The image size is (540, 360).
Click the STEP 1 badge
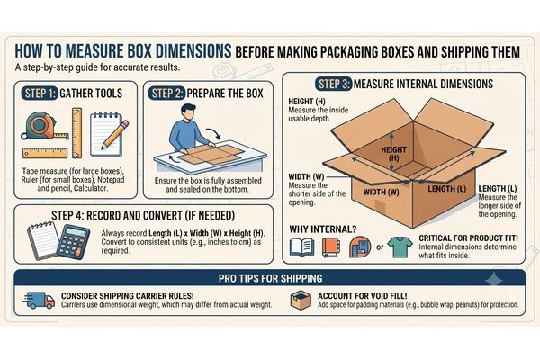click(40, 94)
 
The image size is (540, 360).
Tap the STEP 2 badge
click(167, 94)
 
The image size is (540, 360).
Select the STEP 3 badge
click(334, 84)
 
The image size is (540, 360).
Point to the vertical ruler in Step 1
click(76, 133)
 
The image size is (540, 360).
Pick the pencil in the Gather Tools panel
click(115, 134)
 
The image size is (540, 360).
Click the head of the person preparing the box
click(188, 112)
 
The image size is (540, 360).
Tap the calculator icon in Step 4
click(73, 241)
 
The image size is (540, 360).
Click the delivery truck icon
click(39, 301)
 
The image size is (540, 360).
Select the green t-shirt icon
click(400, 247)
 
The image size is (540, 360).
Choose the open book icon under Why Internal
click(302, 247)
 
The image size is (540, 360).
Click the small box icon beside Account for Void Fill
click(301, 300)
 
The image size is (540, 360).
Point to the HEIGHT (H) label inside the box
click(393, 154)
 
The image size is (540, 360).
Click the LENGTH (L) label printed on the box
click(446, 189)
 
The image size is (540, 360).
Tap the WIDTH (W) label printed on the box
click(381, 192)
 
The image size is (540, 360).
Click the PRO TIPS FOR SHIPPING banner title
click(270, 278)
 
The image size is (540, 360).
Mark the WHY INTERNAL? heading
click(323, 229)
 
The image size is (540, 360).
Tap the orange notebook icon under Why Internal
click(331, 247)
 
